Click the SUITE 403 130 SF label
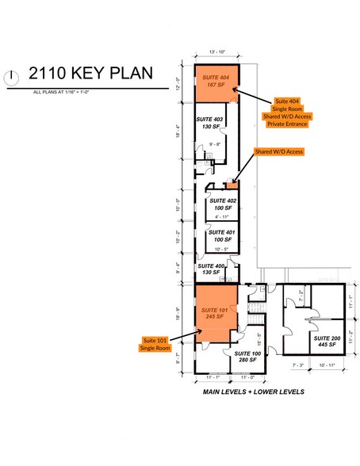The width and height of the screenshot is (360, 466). (212, 123)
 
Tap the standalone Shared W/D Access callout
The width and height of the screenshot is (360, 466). (278, 151)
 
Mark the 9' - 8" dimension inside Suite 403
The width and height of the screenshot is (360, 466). (213, 143)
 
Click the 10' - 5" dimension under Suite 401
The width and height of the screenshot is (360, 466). (222, 249)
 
